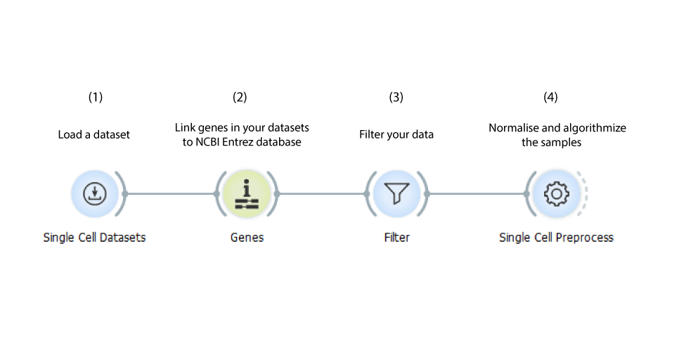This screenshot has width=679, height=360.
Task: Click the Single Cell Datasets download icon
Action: point(94,193)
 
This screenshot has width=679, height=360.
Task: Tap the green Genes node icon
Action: point(247,193)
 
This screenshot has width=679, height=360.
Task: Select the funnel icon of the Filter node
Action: point(396,193)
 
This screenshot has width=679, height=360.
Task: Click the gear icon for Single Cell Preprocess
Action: point(557,193)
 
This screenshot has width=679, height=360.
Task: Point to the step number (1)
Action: point(96,97)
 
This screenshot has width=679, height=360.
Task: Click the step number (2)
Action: point(240,97)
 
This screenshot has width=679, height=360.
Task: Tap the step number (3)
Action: point(396,97)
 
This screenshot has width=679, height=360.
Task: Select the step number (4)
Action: point(550,97)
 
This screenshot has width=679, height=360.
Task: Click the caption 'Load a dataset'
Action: point(94,135)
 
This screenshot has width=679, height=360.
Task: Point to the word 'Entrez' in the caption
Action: point(236,142)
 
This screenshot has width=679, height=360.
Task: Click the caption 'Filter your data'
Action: point(396,135)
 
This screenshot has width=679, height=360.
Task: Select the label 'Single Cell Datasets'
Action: point(94,238)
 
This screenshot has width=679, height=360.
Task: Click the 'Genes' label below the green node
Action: point(247,238)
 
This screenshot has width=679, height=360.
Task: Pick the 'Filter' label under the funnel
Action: point(396,238)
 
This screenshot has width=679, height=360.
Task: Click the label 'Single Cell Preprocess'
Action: point(557,238)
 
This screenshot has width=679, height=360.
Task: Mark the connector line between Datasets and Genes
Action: point(171,193)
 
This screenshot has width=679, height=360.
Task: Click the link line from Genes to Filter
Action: point(322,193)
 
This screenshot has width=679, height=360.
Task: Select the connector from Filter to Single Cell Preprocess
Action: point(477,193)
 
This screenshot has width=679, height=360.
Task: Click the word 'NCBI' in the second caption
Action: point(207,142)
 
